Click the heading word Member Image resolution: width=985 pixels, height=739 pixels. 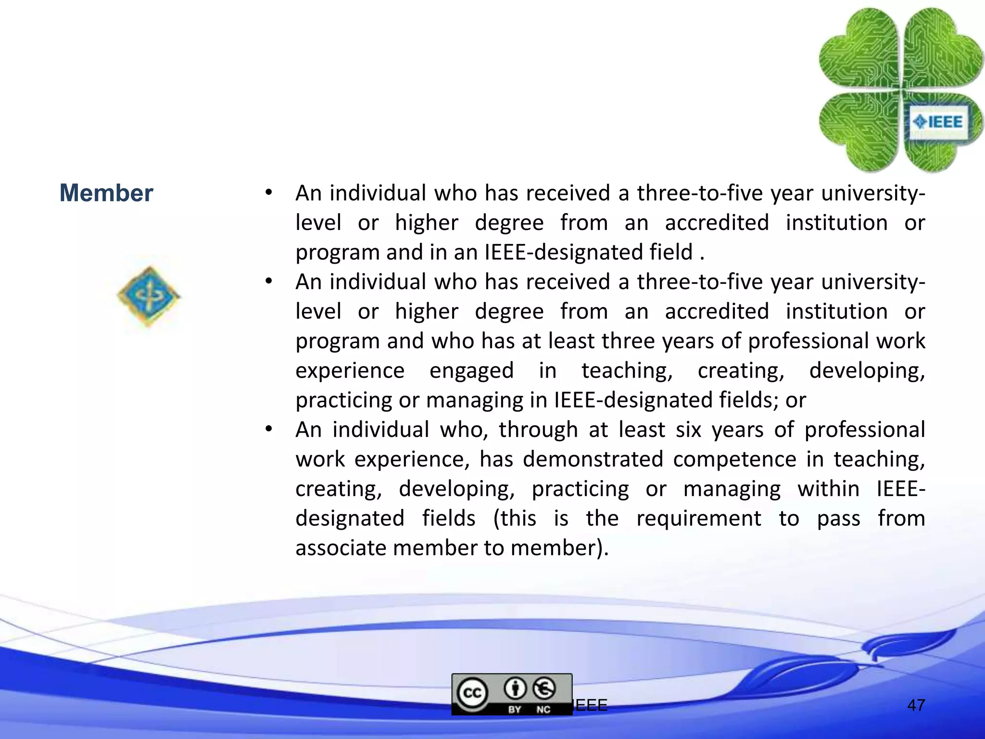click(x=106, y=193)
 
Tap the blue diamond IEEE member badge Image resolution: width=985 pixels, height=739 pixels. click(x=149, y=296)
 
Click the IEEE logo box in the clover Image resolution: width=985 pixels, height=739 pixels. click(x=938, y=122)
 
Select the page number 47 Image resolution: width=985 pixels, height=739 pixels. click(x=916, y=705)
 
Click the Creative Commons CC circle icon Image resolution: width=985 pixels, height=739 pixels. click(x=472, y=693)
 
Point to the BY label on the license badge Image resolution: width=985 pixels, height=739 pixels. click(x=514, y=709)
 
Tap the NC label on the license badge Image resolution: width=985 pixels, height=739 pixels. click(x=543, y=709)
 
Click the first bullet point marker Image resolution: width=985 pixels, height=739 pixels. click(x=269, y=193)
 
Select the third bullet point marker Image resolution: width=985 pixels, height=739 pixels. click(x=269, y=429)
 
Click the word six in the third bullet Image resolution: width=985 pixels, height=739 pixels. click(x=688, y=430)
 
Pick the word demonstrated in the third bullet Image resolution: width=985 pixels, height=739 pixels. click(x=593, y=459)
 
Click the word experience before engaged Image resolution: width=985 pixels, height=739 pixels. click(x=350, y=371)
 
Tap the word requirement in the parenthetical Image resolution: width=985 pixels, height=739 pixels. click(x=698, y=519)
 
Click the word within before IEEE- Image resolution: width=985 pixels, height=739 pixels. click(x=828, y=489)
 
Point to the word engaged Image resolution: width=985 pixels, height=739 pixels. click(x=471, y=371)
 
